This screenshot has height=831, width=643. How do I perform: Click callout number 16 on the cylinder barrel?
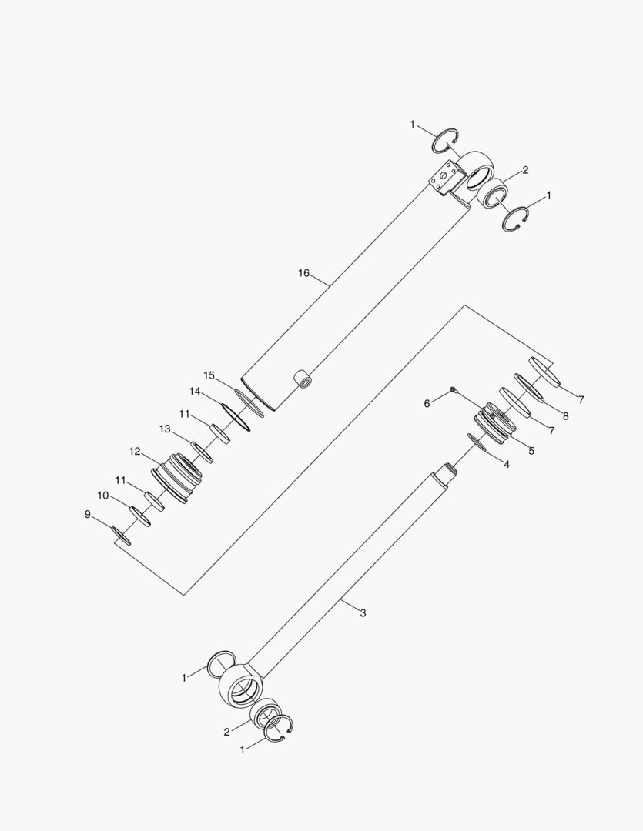[x=303, y=273]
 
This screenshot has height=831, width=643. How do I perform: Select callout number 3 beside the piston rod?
[x=363, y=613]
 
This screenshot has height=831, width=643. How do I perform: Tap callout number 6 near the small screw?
[x=428, y=402]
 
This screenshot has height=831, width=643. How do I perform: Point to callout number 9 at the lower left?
[x=87, y=514]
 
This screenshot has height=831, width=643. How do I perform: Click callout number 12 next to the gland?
[x=135, y=452]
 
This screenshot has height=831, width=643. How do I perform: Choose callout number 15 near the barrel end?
[x=209, y=375]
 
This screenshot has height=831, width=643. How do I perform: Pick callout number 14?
[x=195, y=392]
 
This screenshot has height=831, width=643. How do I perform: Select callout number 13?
[x=165, y=429]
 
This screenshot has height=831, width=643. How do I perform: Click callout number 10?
[x=102, y=496]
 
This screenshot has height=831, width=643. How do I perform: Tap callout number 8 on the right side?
[x=565, y=416]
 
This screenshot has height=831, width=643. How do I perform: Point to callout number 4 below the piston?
[x=506, y=464]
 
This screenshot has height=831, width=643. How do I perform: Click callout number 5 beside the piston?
[x=531, y=450]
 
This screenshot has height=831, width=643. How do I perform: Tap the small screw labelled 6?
[x=454, y=390]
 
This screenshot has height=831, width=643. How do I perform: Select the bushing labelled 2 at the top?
[x=491, y=192]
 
